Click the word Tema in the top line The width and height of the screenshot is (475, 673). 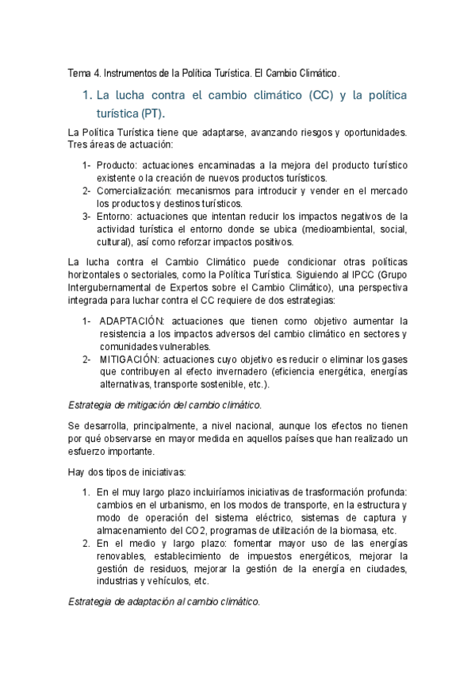(x=79, y=74)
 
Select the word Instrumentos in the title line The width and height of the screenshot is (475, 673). (x=129, y=74)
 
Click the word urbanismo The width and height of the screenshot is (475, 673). (x=193, y=505)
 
